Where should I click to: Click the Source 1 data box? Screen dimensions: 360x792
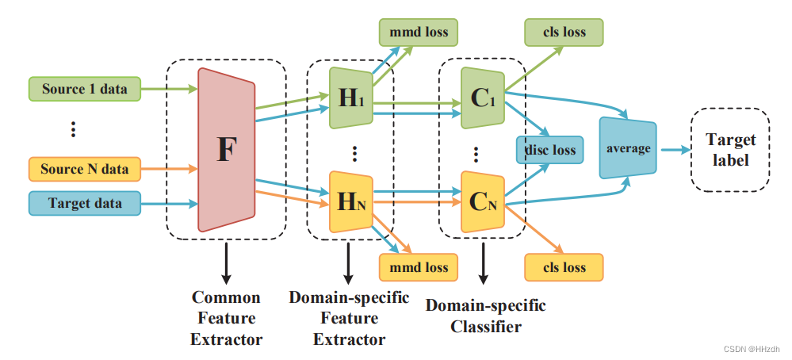tap(84, 89)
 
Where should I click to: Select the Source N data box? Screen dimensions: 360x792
tap(84, 169)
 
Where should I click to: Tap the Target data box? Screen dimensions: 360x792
tap(84, 204)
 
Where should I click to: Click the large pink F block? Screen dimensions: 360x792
tap(227, 150)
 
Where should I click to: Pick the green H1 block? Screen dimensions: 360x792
tap(350, 99)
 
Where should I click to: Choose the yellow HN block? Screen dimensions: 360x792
tap(350, 200)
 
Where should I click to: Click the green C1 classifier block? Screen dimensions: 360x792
tap(482, 99)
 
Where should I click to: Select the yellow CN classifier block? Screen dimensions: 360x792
tap(482, 200)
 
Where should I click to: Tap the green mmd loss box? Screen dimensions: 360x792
tap(419, 33)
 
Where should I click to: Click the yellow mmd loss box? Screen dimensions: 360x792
tap(419, 267)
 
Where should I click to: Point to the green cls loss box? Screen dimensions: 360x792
tap(564, 33)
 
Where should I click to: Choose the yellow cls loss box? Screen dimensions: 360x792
tap(564, 267)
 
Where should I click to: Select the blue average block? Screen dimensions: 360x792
tap(628, 149)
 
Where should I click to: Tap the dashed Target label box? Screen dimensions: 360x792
tap(730, 149)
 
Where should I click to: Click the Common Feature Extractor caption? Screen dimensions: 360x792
tap(226, 319)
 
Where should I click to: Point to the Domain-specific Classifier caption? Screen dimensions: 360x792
tap(485, 316)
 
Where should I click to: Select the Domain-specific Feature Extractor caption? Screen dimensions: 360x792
tap(349, 319)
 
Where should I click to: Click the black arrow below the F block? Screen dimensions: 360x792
tap(226, 263)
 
